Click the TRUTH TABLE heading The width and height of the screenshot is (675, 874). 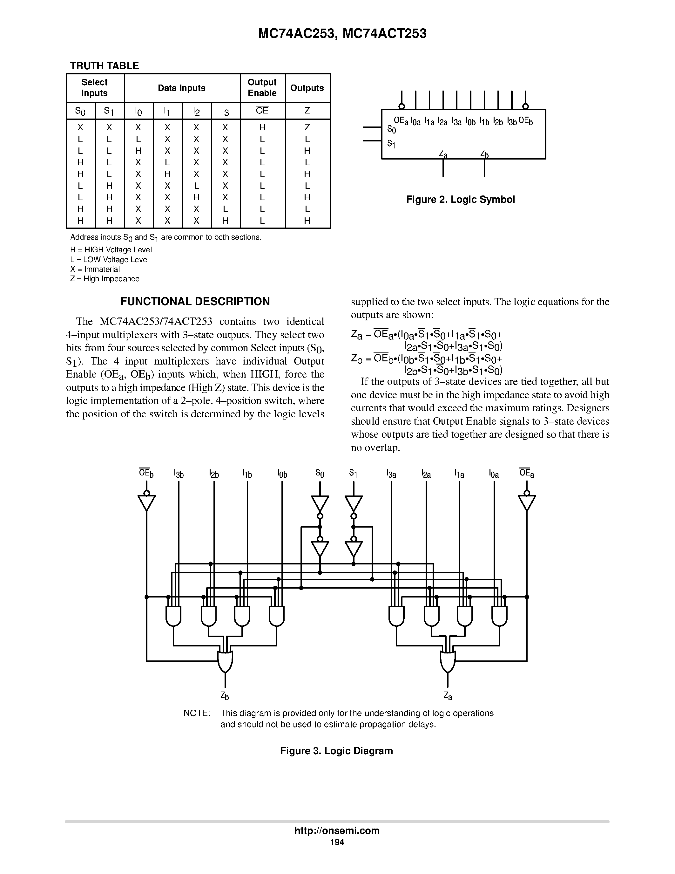click(105, 66)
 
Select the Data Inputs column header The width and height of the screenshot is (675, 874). click(182, 88)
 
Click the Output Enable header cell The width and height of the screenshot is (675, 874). click(262, 88)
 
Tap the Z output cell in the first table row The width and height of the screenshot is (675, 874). click(307, 127)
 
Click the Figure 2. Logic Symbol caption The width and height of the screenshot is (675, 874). click(460, 199)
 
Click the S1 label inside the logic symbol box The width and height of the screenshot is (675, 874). click(391, 143)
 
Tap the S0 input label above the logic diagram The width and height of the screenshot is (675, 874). click(320, 474)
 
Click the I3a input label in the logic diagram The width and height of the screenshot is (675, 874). click(391, 474)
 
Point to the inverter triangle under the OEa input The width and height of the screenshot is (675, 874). click(527, 503)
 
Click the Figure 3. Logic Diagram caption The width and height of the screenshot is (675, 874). click(336, 751)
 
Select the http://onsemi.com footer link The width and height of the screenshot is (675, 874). click(337, 830)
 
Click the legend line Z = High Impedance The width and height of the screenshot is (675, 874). click(105, 278)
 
